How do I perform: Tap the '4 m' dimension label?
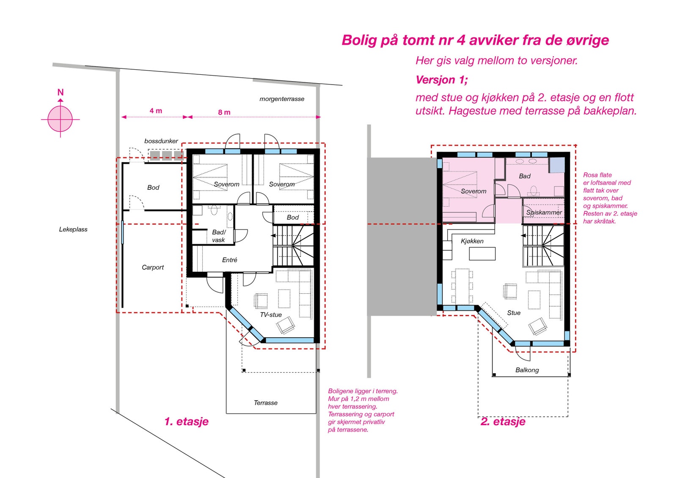tap(156, 111)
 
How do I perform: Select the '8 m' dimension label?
tap(224, 112)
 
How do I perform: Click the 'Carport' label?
tap(153, 267)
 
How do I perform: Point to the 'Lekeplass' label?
tap(73, 229)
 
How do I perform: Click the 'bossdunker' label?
tap(161, 141)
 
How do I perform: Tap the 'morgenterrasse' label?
tap(282, 99)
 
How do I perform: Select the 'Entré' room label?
tap(230, 259)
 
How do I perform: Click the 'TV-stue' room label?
tap(271, 314)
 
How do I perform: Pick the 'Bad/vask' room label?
tap(219, 236)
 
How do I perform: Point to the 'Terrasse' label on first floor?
tap(266, 402)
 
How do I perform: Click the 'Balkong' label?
tap(527, 370)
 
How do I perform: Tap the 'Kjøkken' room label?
tap(472, 241)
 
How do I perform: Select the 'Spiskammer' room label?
tap(544, 212)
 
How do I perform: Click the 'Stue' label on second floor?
tap(514, 312)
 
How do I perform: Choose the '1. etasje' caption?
tap(187, 421)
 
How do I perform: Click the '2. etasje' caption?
tap(503, 421)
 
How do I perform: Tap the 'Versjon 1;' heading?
tap(442, 80)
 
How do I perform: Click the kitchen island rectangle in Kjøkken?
tap(482, 254)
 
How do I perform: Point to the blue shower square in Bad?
tap(557, 165)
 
